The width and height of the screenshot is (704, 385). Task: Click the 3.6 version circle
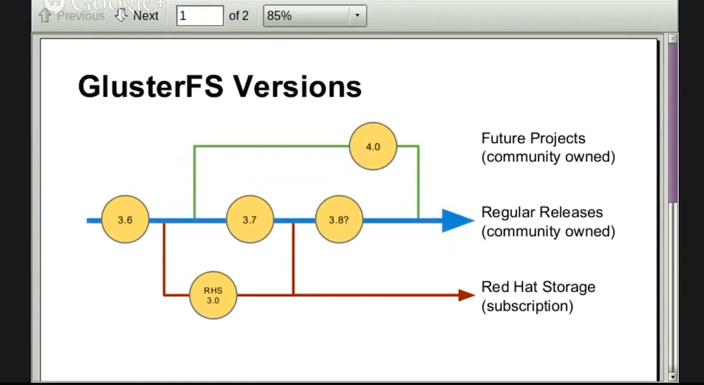click(x=125, y=220)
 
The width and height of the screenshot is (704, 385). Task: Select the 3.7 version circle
click(x=249, y=220)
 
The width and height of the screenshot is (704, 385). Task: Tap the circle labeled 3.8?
click(x=339, y=220)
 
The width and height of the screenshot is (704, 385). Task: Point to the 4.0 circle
click(x=373, y=146)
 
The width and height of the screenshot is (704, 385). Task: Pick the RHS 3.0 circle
click(x=213, y=295)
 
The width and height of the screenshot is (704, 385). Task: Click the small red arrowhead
click(x=467, y=295)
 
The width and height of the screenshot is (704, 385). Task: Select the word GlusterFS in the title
click(x=150, y=87)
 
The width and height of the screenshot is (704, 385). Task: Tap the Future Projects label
click(x=533, y=139)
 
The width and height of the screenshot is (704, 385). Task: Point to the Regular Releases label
click(x=542, y=212)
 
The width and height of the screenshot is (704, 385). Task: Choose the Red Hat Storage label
click(x=538, y=287)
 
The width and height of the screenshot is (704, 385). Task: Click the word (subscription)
click(x=527, y=306)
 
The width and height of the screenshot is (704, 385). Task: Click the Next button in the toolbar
click(x=138, y=16)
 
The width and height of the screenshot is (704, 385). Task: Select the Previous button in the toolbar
click(x=72, y=16)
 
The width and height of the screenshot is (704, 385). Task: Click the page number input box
click(x=199, y=16)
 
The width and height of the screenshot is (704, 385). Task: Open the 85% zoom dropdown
click(x=357, y=16)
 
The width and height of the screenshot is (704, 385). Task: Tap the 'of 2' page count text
click(x=239, y=16)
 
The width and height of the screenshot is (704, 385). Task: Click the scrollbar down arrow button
click(x=673, y=376)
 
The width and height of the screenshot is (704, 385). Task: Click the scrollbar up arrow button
click(x=673, y=39)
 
